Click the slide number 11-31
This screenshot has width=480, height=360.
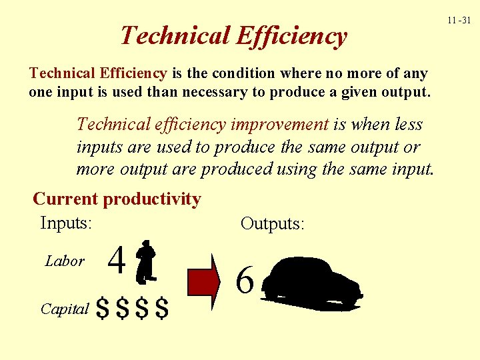(x=459, y=21)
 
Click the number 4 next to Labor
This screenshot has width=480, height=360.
(x=117, y=261)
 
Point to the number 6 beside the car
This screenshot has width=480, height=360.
(x=245, y=281)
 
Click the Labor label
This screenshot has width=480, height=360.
(x=65, y=261)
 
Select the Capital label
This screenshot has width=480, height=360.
(x=64, y=309)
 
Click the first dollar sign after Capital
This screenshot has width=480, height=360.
(x=103, y=309)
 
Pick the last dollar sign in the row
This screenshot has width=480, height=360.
(x=161, y=309)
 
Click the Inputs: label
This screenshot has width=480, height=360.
(x=66, y=223)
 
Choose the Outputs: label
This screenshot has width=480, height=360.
(x=272, y=223)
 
